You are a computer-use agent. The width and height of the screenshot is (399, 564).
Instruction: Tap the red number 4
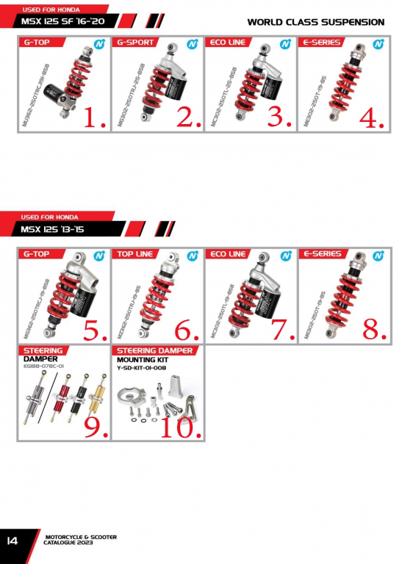point(371,117)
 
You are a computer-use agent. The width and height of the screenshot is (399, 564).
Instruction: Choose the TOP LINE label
point(137,254)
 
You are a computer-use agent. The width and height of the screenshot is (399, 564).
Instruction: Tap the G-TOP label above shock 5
point(37,254)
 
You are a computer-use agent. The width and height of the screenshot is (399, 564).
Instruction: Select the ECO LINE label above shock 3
point(227,43)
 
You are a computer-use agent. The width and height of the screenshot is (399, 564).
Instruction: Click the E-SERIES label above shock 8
point(322,254)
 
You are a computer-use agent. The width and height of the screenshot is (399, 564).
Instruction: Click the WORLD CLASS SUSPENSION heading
point(315,22)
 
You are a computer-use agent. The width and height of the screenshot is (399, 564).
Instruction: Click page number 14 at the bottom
point(12,540)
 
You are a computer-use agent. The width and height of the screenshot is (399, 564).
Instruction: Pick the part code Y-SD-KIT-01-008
point(142,367)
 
